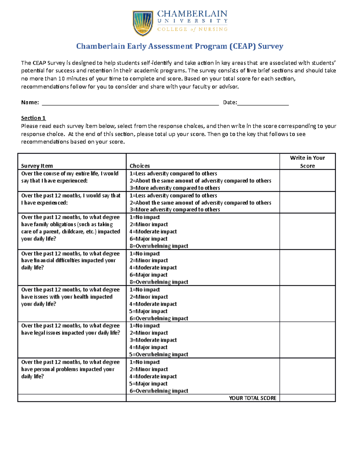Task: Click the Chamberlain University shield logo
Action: pos(143,23)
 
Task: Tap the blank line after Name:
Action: pos(130,103)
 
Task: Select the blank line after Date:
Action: pos(263,103)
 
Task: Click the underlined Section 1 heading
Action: pos(33,118)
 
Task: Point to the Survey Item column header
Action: pos(37,166)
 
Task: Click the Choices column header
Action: pos(139,166)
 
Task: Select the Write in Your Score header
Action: pos(307,162)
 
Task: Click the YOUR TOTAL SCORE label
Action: pos(252,398)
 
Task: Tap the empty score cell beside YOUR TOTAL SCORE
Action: pos(307,398)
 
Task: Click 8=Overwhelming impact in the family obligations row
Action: pos(159,246)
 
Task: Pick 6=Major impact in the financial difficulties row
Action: pos(148,275)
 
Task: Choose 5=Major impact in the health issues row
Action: pos(148,311)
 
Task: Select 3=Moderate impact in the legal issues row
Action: pos(153,340)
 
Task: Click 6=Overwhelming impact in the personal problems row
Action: pos(159,391)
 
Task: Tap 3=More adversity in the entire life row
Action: pos(175,188)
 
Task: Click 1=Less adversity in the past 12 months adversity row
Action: pos(173,196)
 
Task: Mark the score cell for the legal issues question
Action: pos(307,340)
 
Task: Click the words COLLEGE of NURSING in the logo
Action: pos(192,29)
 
